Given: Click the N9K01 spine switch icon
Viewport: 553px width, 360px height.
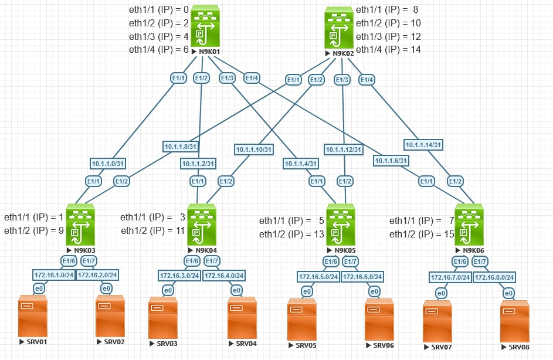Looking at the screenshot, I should pyautogui.click(x=204, y=26).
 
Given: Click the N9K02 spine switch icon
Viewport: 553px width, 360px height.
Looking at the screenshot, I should pyautogui.click(x=340, y=28).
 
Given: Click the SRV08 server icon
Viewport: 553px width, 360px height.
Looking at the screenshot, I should pyautogui.click(x=515, y=321).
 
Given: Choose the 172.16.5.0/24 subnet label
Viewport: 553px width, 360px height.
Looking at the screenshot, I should pyautogui.click(x=318, y=276).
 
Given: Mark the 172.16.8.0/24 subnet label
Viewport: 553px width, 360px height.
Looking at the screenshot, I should pyautogui.click(x=494, y=276).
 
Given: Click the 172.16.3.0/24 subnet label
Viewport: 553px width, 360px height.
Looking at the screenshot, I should pyautogui.click(x=179, y=274).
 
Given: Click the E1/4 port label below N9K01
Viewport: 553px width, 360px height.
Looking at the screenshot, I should pyautogui.click(x=252, y=77).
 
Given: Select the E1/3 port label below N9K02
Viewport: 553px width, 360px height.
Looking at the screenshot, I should pyautogui.click(x=342, y=79).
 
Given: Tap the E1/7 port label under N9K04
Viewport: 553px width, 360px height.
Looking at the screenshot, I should pyautogui.click(x=212, y=260).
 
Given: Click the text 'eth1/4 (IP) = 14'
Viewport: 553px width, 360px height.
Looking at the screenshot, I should pyautogui.click(x=388, y=49).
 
